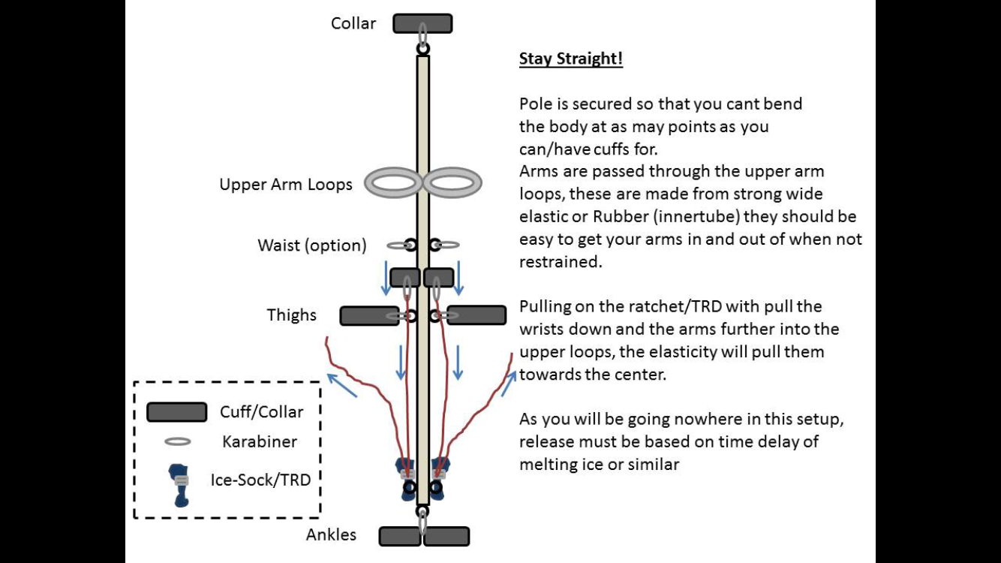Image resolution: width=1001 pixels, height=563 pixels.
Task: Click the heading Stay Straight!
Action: coord(570,59)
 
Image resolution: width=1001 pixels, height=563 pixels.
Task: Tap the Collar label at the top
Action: coord(353,23)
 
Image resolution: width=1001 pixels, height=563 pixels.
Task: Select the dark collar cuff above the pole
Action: coord(422,23)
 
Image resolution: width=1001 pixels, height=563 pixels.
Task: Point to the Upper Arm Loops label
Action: coord(286,185)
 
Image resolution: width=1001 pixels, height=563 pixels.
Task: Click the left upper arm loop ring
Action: coord(393,183)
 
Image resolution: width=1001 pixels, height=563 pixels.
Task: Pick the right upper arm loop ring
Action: coord(452,183)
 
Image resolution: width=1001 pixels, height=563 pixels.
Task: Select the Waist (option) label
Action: coord(312,245)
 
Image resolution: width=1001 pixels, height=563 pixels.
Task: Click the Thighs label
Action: coord(292,315)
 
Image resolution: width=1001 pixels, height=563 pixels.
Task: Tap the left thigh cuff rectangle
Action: coord(369,316)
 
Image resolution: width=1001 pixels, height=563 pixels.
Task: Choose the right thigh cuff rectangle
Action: coord(476,315)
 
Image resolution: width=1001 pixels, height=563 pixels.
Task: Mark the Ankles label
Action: coord(331,535)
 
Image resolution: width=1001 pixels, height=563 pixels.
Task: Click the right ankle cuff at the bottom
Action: coord(447,536)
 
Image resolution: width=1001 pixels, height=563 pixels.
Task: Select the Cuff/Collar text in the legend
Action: coord(261,412)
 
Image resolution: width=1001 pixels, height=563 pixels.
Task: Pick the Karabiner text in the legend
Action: coord(260,441)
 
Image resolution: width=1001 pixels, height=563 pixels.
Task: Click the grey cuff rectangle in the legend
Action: coord(176,412)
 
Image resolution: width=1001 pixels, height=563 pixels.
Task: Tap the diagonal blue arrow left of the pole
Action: coord(341,384)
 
